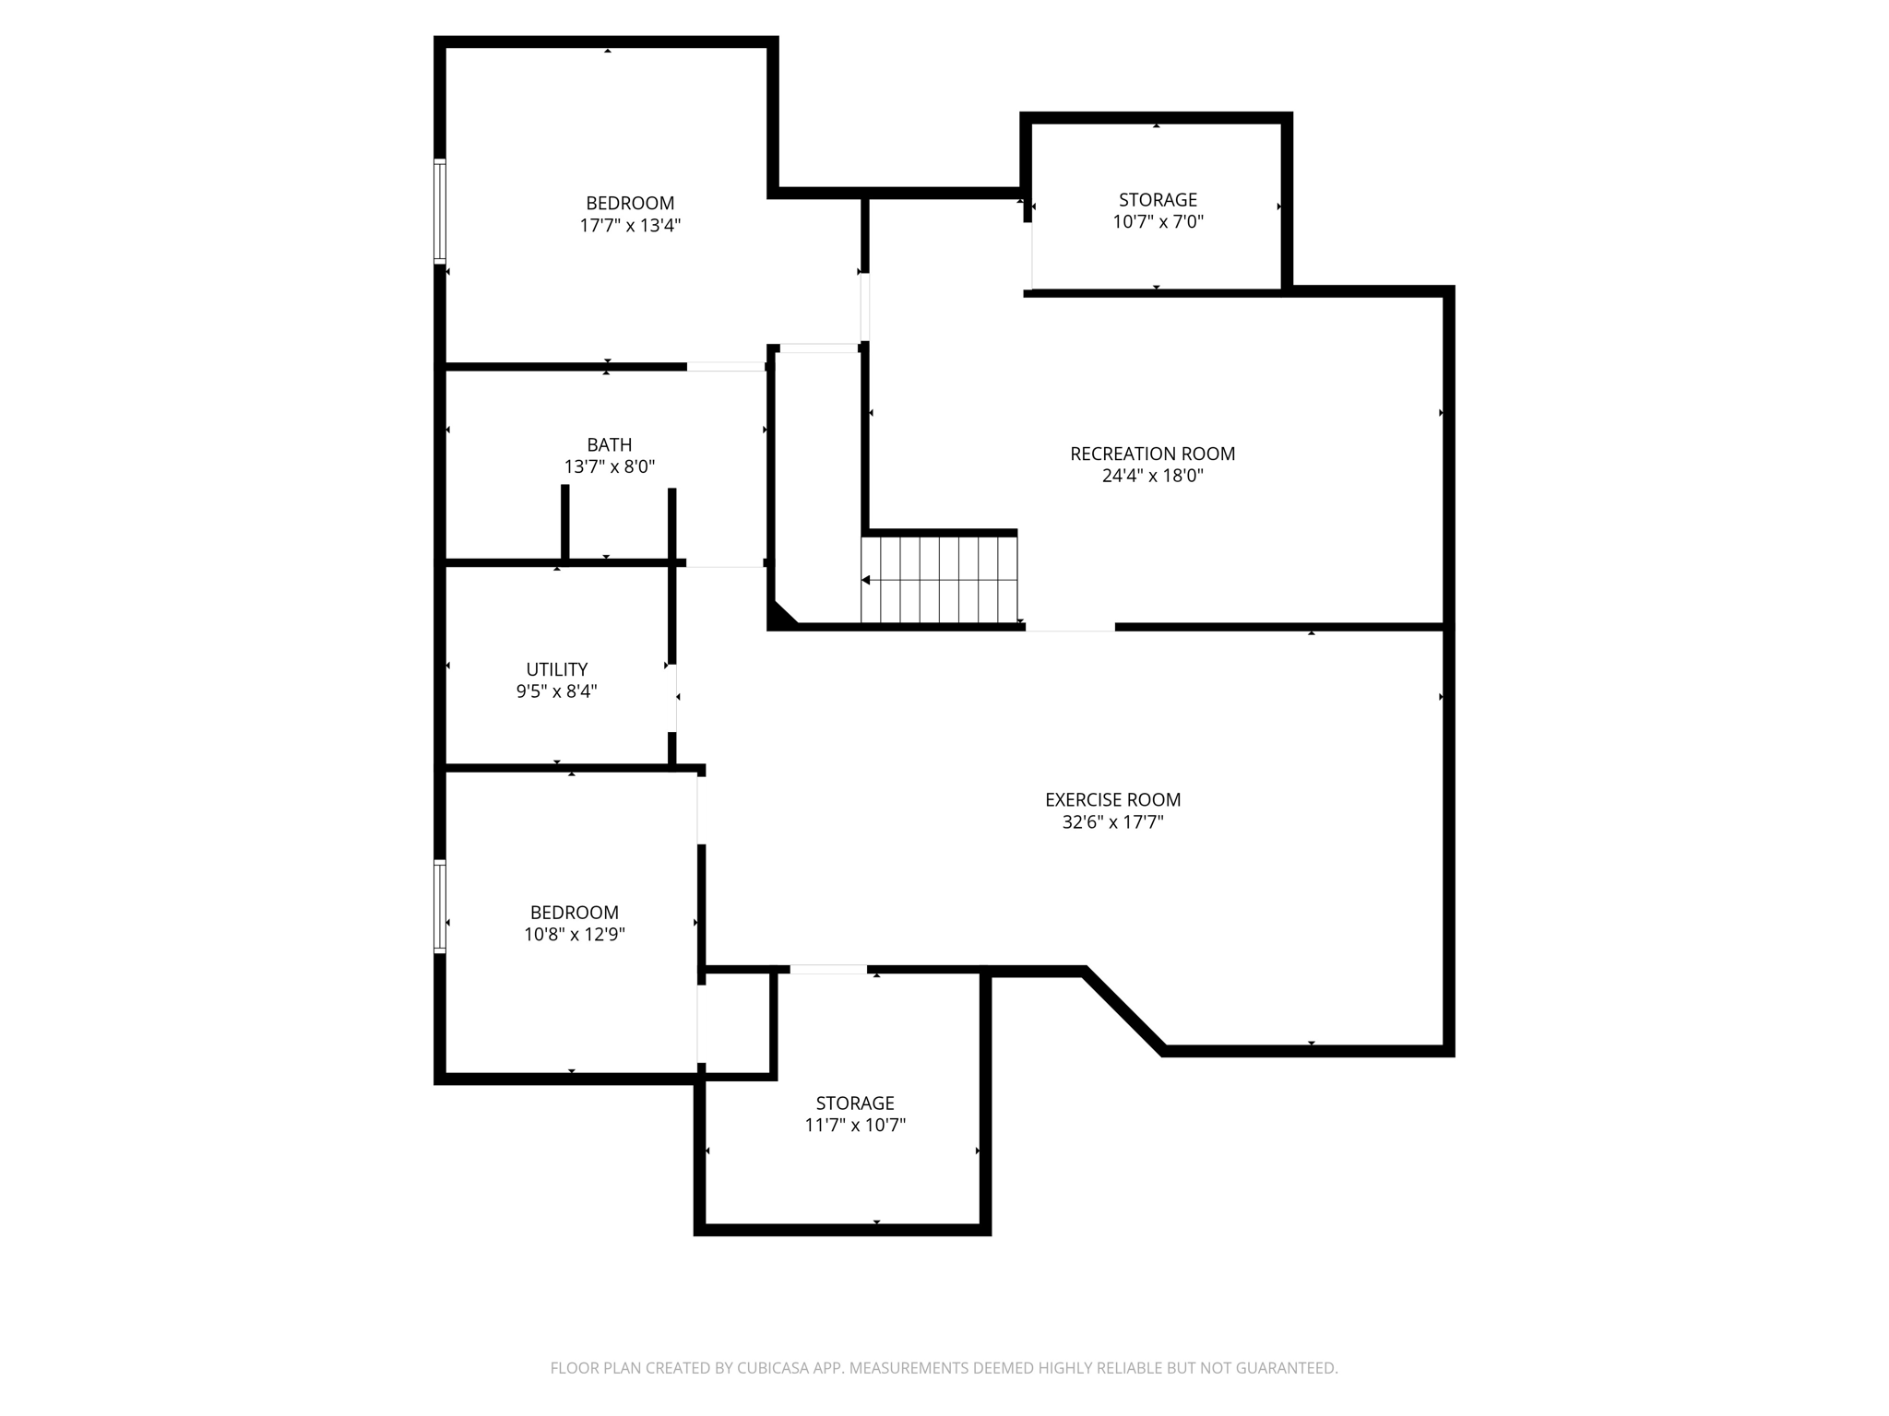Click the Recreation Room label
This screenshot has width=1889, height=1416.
(1152, 454)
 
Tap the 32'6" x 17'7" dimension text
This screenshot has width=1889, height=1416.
(1112, 822)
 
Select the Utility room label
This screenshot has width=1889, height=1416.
(556, 669)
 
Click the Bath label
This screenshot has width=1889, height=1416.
(609, 444)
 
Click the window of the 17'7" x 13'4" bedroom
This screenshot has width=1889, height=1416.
(440, 211)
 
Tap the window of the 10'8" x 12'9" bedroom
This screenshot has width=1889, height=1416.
(440, 905)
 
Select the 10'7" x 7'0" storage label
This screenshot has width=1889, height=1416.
(1158, 200)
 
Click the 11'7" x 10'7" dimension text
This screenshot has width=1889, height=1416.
(855, 1125)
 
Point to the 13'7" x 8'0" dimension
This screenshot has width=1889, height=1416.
(609, 467)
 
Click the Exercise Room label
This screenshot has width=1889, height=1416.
(1112, 799)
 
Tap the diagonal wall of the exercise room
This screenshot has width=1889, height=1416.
(1123, 1010)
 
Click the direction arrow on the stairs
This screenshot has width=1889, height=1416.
(866, 580)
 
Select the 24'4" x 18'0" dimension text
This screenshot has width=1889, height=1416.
(1152, 477)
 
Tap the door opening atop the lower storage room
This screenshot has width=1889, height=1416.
(828, 969)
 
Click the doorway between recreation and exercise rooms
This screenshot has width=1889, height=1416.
(1070, 627)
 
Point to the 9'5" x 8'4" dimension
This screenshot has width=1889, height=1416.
(556, 691)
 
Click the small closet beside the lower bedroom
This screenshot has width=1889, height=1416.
(735, 1023)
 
